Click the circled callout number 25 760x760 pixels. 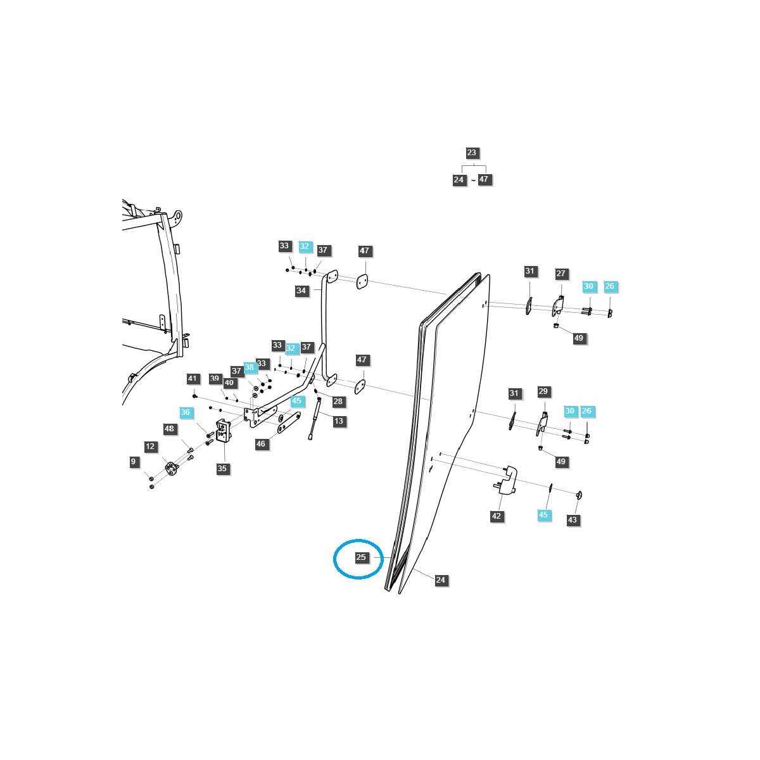[x=361, y=558]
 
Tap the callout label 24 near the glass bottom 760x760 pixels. [x=441, y=580]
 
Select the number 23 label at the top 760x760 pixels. [x=471, y=153]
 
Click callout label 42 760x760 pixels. [x=497, y=516]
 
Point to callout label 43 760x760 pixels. [x=573, y=519]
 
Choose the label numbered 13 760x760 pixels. [x=339, y=421]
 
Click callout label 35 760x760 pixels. [x=222, y=469]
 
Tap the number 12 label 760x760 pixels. [x=150, y=446]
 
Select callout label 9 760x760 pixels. [x=133, y=462]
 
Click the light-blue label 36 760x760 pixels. [x=185, y=412]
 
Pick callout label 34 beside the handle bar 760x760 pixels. [x=301, y=291]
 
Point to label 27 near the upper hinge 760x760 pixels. [x=561, y=274]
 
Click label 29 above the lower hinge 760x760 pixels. [x=543, y=391]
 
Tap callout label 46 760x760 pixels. [x=261, y=444]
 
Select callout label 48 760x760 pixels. [x=169, y=429]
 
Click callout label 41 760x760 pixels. [x=193, y=379]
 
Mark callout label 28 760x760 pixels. [x=338, y=402]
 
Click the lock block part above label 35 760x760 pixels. [x=223, y=430]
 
